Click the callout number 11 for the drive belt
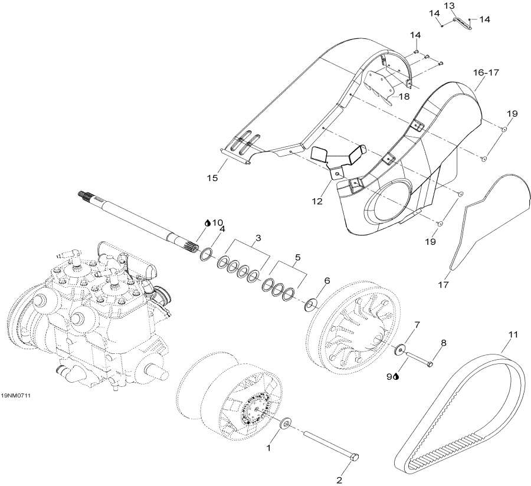point(513,335)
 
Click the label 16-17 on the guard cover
point(486,73)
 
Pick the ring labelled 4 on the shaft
point(206,254)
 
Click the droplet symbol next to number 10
point(207,223)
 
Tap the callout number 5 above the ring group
point(297,257)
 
